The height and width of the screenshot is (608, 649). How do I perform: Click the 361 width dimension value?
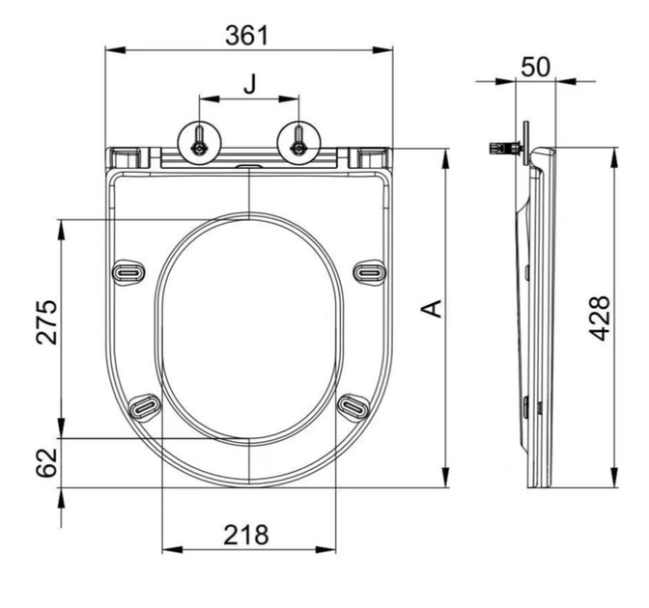(246, 36)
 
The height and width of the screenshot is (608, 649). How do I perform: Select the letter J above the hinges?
(249, 84)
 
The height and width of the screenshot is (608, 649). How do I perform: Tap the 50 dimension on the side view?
(535, 67)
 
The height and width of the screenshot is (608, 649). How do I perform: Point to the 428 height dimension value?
(600, 318)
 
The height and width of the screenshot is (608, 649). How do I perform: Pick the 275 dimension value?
(46, 322)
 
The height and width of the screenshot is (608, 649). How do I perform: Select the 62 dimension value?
(46, 462)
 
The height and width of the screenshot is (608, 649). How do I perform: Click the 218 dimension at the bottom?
(246, 535)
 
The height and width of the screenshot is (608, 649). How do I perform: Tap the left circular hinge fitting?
(199, 144)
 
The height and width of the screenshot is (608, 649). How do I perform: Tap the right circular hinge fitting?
(298, 144)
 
